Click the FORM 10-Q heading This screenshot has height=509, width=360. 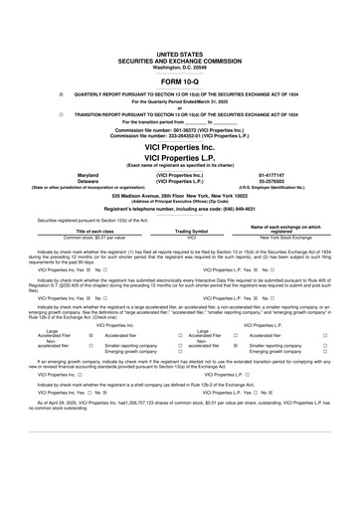[x=179, y=79]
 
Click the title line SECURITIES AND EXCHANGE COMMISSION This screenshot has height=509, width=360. [x=179, y=56]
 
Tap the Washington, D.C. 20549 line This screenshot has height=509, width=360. [x=179, y=62]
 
